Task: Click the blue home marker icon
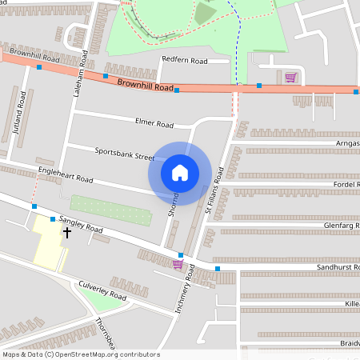click(x=180, y=172)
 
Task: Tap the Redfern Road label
click(x=184, y=60)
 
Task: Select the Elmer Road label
click(x=154, y=124)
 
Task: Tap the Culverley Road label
click(x=102, y=290)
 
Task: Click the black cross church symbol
click(x=66, y=233)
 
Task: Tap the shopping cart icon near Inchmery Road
click(x=178, y=264)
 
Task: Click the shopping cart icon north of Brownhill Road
click(x=290, y=78)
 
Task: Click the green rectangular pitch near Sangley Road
click(x=110, y=210)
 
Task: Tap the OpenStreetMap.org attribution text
click(x=109, y=354)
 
